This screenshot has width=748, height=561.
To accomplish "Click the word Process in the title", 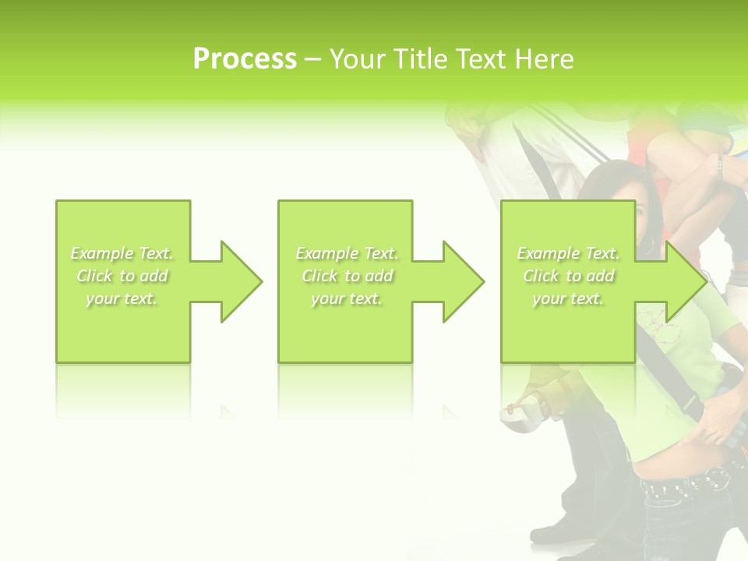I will [x=245, y=59].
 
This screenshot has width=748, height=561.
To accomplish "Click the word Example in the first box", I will [x=102, y=253].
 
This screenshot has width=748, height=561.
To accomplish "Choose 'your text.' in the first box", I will [x=122, y=298].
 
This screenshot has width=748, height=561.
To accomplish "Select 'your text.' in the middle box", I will [x=346, y=298].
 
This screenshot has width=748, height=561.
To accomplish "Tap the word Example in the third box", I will [x=549, y=253].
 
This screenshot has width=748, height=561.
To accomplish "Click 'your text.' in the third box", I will [x=568, y=298].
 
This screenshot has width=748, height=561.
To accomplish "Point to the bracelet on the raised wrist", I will [x=721, y=166].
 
